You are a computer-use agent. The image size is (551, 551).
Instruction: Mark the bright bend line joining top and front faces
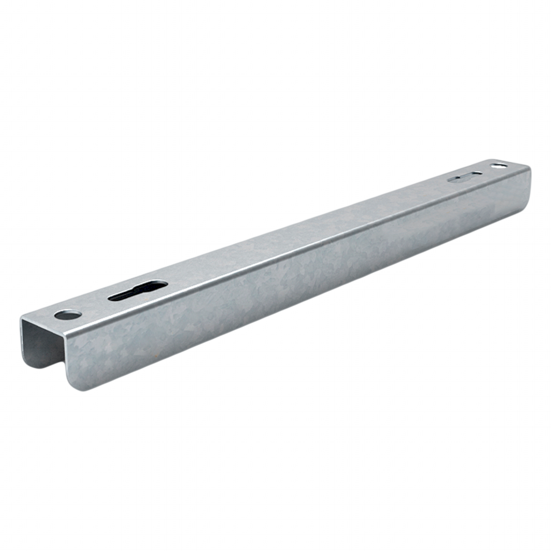coord(301,248)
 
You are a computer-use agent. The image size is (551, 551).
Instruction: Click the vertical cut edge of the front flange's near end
coord(65,361)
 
